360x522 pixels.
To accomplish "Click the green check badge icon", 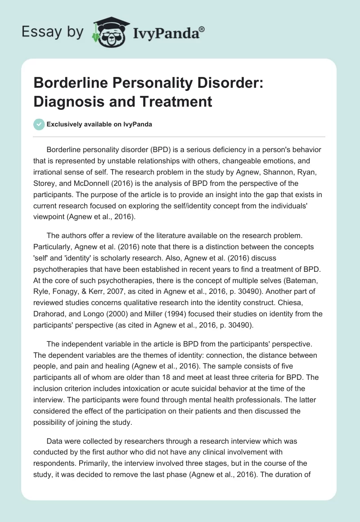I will tap(39, 124).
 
